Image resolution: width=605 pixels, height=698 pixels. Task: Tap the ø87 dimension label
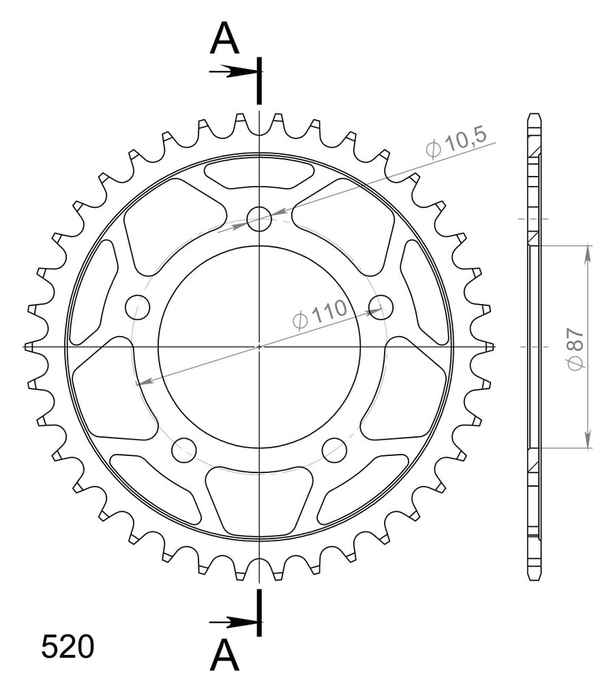tap(575, 348)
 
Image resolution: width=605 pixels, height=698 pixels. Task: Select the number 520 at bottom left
tap(68, 646)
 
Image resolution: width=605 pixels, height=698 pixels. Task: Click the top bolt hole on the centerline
tap(259, 219)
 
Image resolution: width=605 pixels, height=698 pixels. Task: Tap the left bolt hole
tap(138, 307)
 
